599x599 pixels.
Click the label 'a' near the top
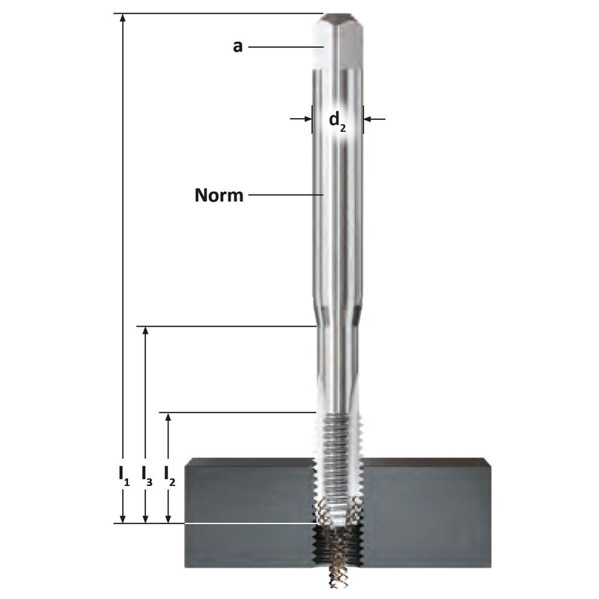237,46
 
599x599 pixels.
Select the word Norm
219,195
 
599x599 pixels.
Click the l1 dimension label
124,476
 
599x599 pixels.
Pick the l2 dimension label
169,476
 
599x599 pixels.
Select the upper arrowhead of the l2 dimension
167,418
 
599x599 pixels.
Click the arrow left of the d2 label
301,119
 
